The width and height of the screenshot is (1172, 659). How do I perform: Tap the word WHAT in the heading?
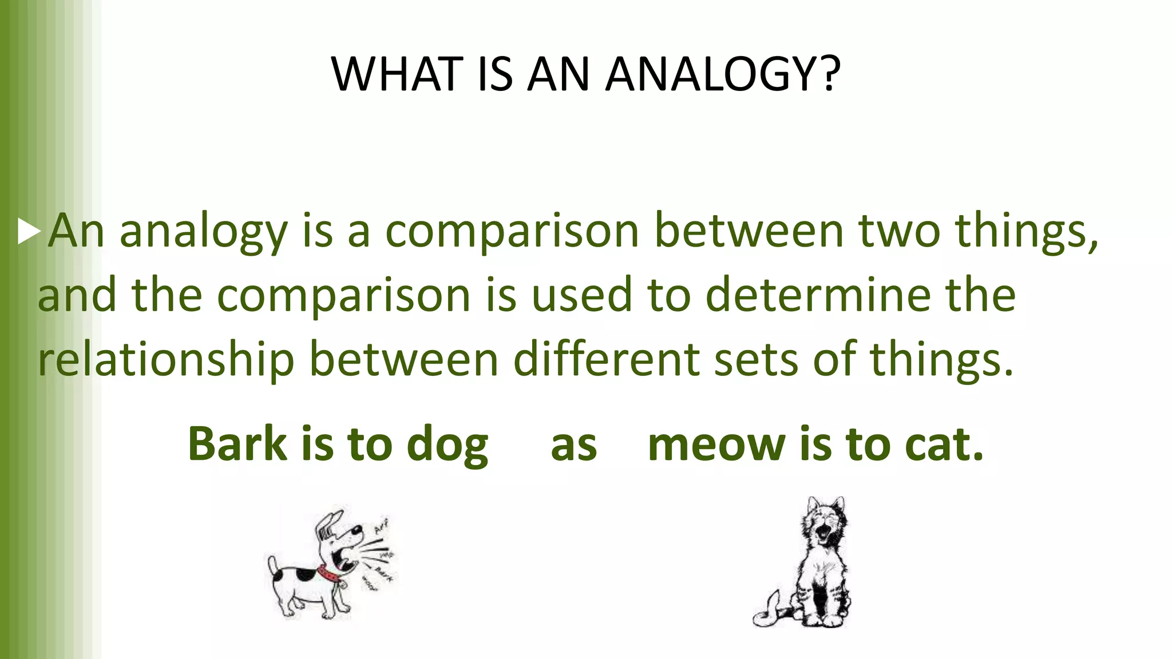(x=397, y=74)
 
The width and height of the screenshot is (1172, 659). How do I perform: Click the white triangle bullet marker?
(x=28, y=231)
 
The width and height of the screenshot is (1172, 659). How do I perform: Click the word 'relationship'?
(x=166, y=359)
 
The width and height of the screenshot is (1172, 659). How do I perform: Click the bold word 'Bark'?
(x=237, y=444)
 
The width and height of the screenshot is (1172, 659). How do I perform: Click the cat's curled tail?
(x=767, y=612)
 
